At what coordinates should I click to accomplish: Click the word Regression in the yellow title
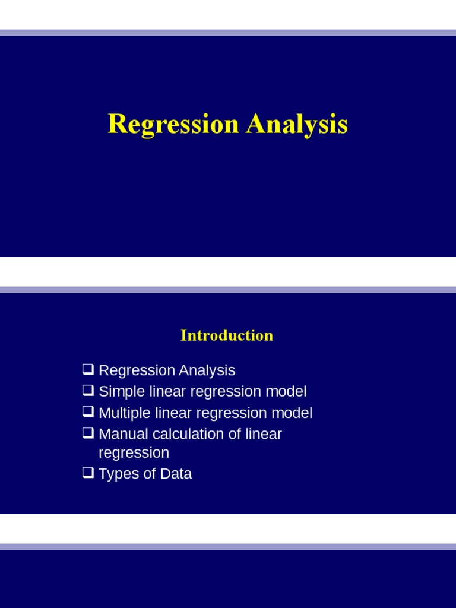[x=173, y=125]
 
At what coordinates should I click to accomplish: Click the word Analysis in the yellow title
[x=297, y=125]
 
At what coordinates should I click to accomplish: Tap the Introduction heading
[x=227, y=335]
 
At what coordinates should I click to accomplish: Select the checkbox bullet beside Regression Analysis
[x=88, y=369]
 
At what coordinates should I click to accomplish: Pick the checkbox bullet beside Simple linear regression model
[x=88, y=390]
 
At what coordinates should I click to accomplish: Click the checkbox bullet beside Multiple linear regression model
[x=88, y=411]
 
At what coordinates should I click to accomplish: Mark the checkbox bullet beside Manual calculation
[x=88, y=433]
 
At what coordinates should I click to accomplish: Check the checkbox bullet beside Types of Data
[x=88, y=473]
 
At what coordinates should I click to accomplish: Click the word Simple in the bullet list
[x=122, y=392]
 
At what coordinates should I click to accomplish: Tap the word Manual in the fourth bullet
[x=123, y=434]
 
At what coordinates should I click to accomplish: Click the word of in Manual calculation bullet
[x=235, y=434]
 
